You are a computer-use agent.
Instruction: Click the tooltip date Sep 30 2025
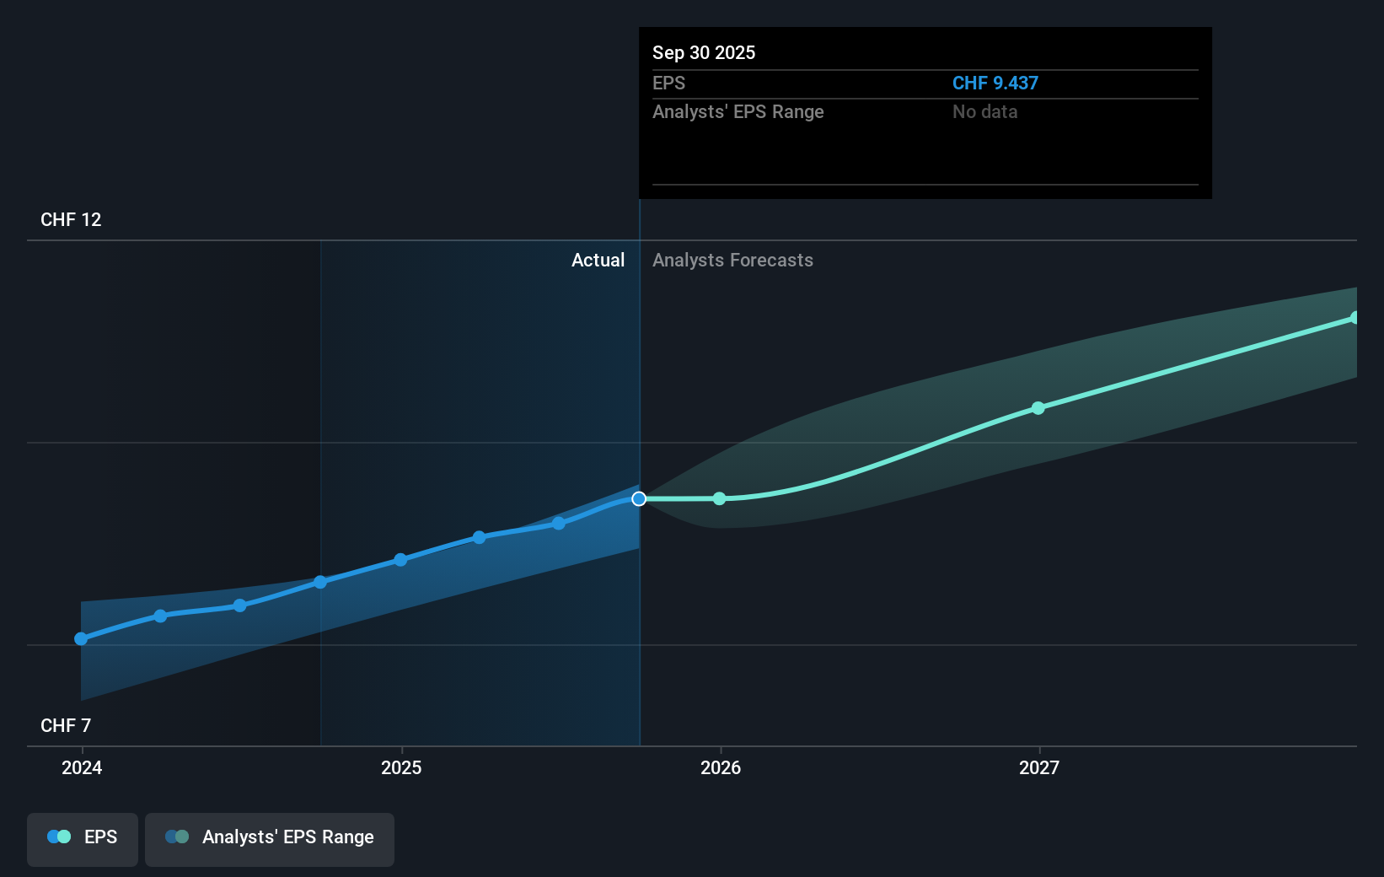click(704, 52)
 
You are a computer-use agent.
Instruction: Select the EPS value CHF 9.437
click(995, 83)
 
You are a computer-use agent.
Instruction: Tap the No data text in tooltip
click(984, 111)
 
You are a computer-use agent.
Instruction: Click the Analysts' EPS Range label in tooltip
click(738, 111)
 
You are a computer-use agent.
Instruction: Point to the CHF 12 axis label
click(71, 219)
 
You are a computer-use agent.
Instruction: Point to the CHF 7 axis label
click(66, 725)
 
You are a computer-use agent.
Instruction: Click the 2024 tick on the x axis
click(82, 767)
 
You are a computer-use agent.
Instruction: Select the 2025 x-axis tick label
click(401, 767)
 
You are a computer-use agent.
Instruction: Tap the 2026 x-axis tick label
click(721, 767)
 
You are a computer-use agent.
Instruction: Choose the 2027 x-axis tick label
click(1039, 767)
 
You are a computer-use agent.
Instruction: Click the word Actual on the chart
click(598, 260)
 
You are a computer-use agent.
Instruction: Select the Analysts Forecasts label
click(732, 260)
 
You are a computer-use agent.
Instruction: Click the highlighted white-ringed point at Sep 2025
click(639, 499)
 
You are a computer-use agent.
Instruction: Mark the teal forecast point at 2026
click(719, 499)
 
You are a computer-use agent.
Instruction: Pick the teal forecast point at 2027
click(1038, 408)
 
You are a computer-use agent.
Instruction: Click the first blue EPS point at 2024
click(81, 639)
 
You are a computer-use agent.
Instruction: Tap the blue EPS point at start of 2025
click(400, 560)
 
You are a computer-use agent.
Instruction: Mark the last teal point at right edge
click(1354, 318)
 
